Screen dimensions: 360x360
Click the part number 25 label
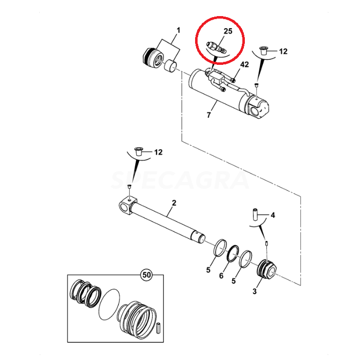pyautogui.click(x=228, y=31)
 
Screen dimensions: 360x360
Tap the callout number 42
pyautogui.click(x=244, y=64)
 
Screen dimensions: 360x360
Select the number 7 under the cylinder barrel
pyautogui.click(x=209, y=115)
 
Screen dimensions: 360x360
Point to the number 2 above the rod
pyautogui.click(x=174, y=203)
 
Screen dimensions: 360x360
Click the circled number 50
pyautogui.click(x=146, y=275)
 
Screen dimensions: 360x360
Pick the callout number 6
pyautogui.click(x=221, y=276)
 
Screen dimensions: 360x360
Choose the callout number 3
pyautogui.click(x=254, y=291)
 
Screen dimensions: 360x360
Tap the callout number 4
pyautogui.click(x=273, y=215)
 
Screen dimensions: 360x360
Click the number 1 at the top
pyautogui.click(x=178, y=30)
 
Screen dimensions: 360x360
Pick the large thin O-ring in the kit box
pyautogui.click(x=109, y=304)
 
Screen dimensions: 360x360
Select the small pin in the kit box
pyautogui.click(x=158, y=329)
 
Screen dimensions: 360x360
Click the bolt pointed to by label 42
pyautogui.click(x=233, y=80)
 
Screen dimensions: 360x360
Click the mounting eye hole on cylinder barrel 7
pyautogui.click(x=255, y=112)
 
